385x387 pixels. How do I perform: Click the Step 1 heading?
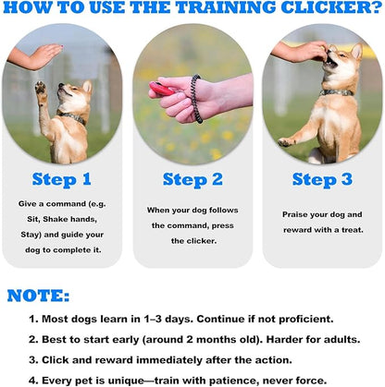point(62,178)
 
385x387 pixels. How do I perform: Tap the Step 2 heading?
point(192,178)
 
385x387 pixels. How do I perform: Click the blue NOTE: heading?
point(38,296)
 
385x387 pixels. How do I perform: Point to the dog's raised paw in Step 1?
point(40,90)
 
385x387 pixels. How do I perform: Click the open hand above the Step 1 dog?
point(37,57)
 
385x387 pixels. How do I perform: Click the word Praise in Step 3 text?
point(297,214)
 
